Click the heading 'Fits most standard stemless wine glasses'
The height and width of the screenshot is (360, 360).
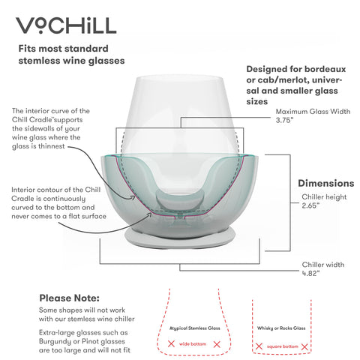coord(71,54)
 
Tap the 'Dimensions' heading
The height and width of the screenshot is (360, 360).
coord(325,183)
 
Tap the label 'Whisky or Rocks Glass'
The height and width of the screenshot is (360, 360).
coord(280,328)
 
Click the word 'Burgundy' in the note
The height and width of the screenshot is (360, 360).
coord(57,340)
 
